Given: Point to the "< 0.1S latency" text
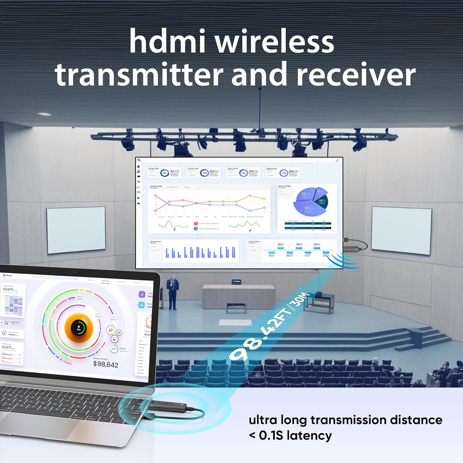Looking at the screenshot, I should [x=290, y=436].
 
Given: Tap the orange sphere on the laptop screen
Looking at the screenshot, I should [x=79, y=328].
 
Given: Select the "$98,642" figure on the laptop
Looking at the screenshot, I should [x=106, y=365].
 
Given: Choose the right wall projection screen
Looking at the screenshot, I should [x=401, y=230].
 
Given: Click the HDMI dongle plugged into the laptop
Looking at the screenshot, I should [x=168, y=407].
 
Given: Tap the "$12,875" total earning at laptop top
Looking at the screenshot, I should [x=8, y=289].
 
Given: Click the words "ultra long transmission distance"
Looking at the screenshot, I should [x=345, y=420].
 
